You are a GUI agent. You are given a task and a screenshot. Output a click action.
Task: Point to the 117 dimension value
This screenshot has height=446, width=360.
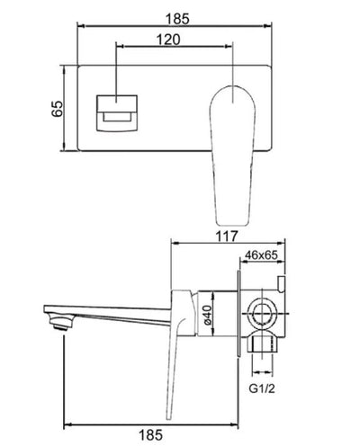[x=226, y=237]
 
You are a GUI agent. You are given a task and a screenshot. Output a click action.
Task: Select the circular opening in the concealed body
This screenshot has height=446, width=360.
[x=263, y=316]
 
